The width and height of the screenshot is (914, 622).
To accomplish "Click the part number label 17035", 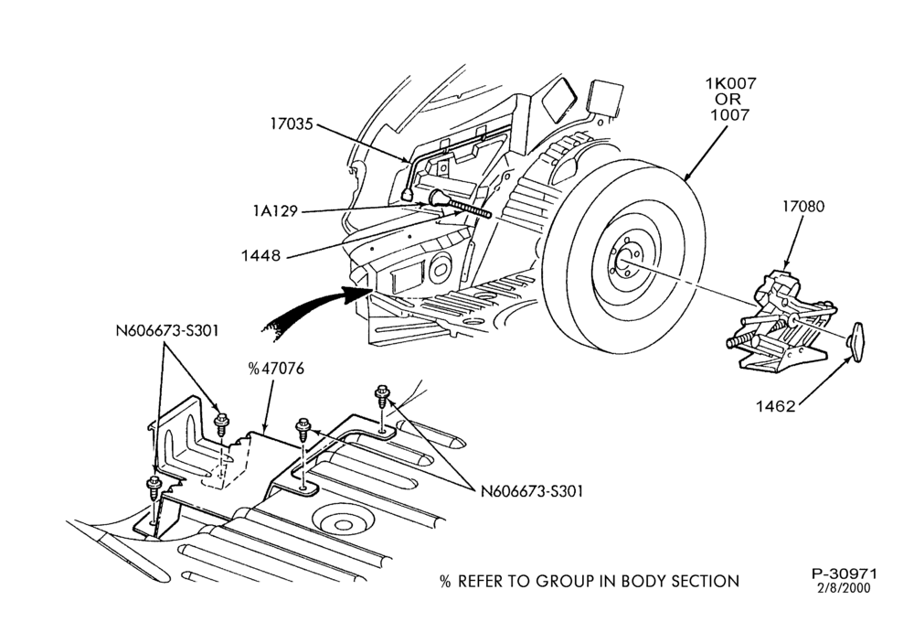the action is (x=292, y=123).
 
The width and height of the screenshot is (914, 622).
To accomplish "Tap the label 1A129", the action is (x=275, y=210).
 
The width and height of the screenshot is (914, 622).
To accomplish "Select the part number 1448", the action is (x=260, y=255).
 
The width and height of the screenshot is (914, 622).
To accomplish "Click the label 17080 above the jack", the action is (x=803, y=207).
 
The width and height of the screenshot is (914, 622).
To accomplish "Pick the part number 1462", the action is (x=776, y=406).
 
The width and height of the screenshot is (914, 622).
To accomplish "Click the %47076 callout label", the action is (x=276, y=369).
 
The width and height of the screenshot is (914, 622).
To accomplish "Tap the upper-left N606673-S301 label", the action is (x=167, y=331).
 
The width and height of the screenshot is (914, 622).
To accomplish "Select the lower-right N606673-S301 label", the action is (x=532, y=491).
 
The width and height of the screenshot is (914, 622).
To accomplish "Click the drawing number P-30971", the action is (x=844, y=574).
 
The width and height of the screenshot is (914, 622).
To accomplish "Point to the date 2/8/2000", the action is (x=844, y=588).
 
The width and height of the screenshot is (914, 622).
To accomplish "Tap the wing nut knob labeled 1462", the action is (x=856, y=342).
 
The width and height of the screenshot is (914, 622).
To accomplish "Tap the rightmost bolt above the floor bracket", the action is (x=382, y=396).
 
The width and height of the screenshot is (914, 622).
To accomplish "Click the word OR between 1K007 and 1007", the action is (x=728, y=99).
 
